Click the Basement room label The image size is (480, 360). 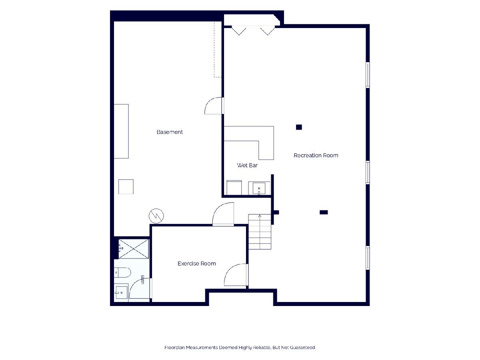[170, 132]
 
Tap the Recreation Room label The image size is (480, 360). [316, 156]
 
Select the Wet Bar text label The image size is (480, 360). [247, 165]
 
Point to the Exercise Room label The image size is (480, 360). [196, 264]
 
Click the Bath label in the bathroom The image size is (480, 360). [142, 280]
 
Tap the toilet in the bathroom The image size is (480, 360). [122, 272]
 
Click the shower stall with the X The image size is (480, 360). [133, 249]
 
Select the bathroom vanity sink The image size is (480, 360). [121, 292]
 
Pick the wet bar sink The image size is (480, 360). [259, 188]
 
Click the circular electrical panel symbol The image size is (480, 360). [156, 216]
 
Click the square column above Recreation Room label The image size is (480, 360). [299, 127]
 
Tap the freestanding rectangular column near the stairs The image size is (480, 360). [324, 212]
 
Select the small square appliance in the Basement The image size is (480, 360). [126, 187]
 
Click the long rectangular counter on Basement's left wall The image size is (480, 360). [121, 131]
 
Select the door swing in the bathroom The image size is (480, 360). [140, 288]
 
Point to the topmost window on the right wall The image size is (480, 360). [368, 75]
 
